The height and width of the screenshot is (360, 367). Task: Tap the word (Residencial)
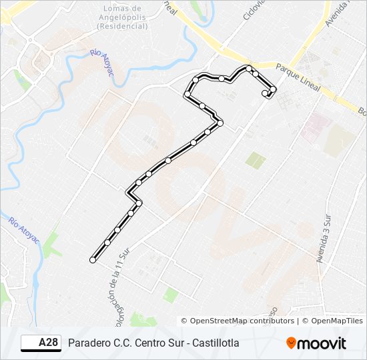click(x=122, y=26)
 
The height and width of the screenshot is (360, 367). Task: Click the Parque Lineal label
click(x=298, y=77)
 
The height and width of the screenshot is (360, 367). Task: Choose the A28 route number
click(x=48, y=343)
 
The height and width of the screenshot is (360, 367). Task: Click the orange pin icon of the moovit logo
click(x=291, y=343)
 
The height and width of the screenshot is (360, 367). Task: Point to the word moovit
click(x=322, y=343)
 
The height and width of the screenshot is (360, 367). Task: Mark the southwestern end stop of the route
click(x=93, y=260)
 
